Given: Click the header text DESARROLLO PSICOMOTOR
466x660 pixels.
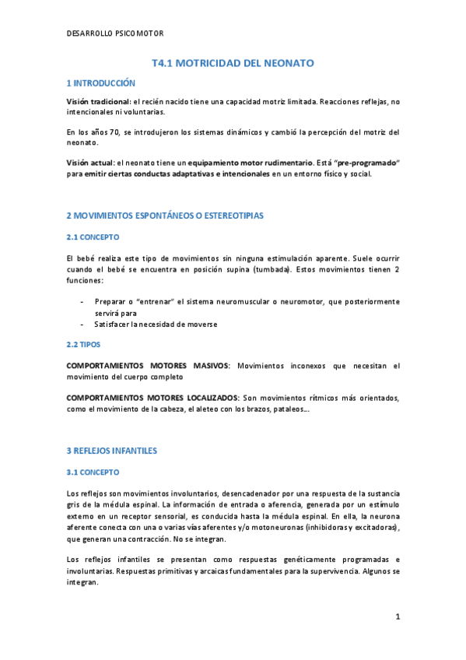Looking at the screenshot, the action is [114, 33].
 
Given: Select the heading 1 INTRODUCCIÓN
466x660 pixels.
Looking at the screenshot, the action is [100, 82].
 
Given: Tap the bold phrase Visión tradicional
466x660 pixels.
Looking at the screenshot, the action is [99, 102].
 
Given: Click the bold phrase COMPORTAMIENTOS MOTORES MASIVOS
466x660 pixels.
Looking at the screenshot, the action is [148, 365].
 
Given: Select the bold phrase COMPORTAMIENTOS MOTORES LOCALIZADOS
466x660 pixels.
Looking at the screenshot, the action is [152, 398].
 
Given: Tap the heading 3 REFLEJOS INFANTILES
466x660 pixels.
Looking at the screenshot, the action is [112, 450].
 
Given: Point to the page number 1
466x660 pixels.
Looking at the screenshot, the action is [397, 617].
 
